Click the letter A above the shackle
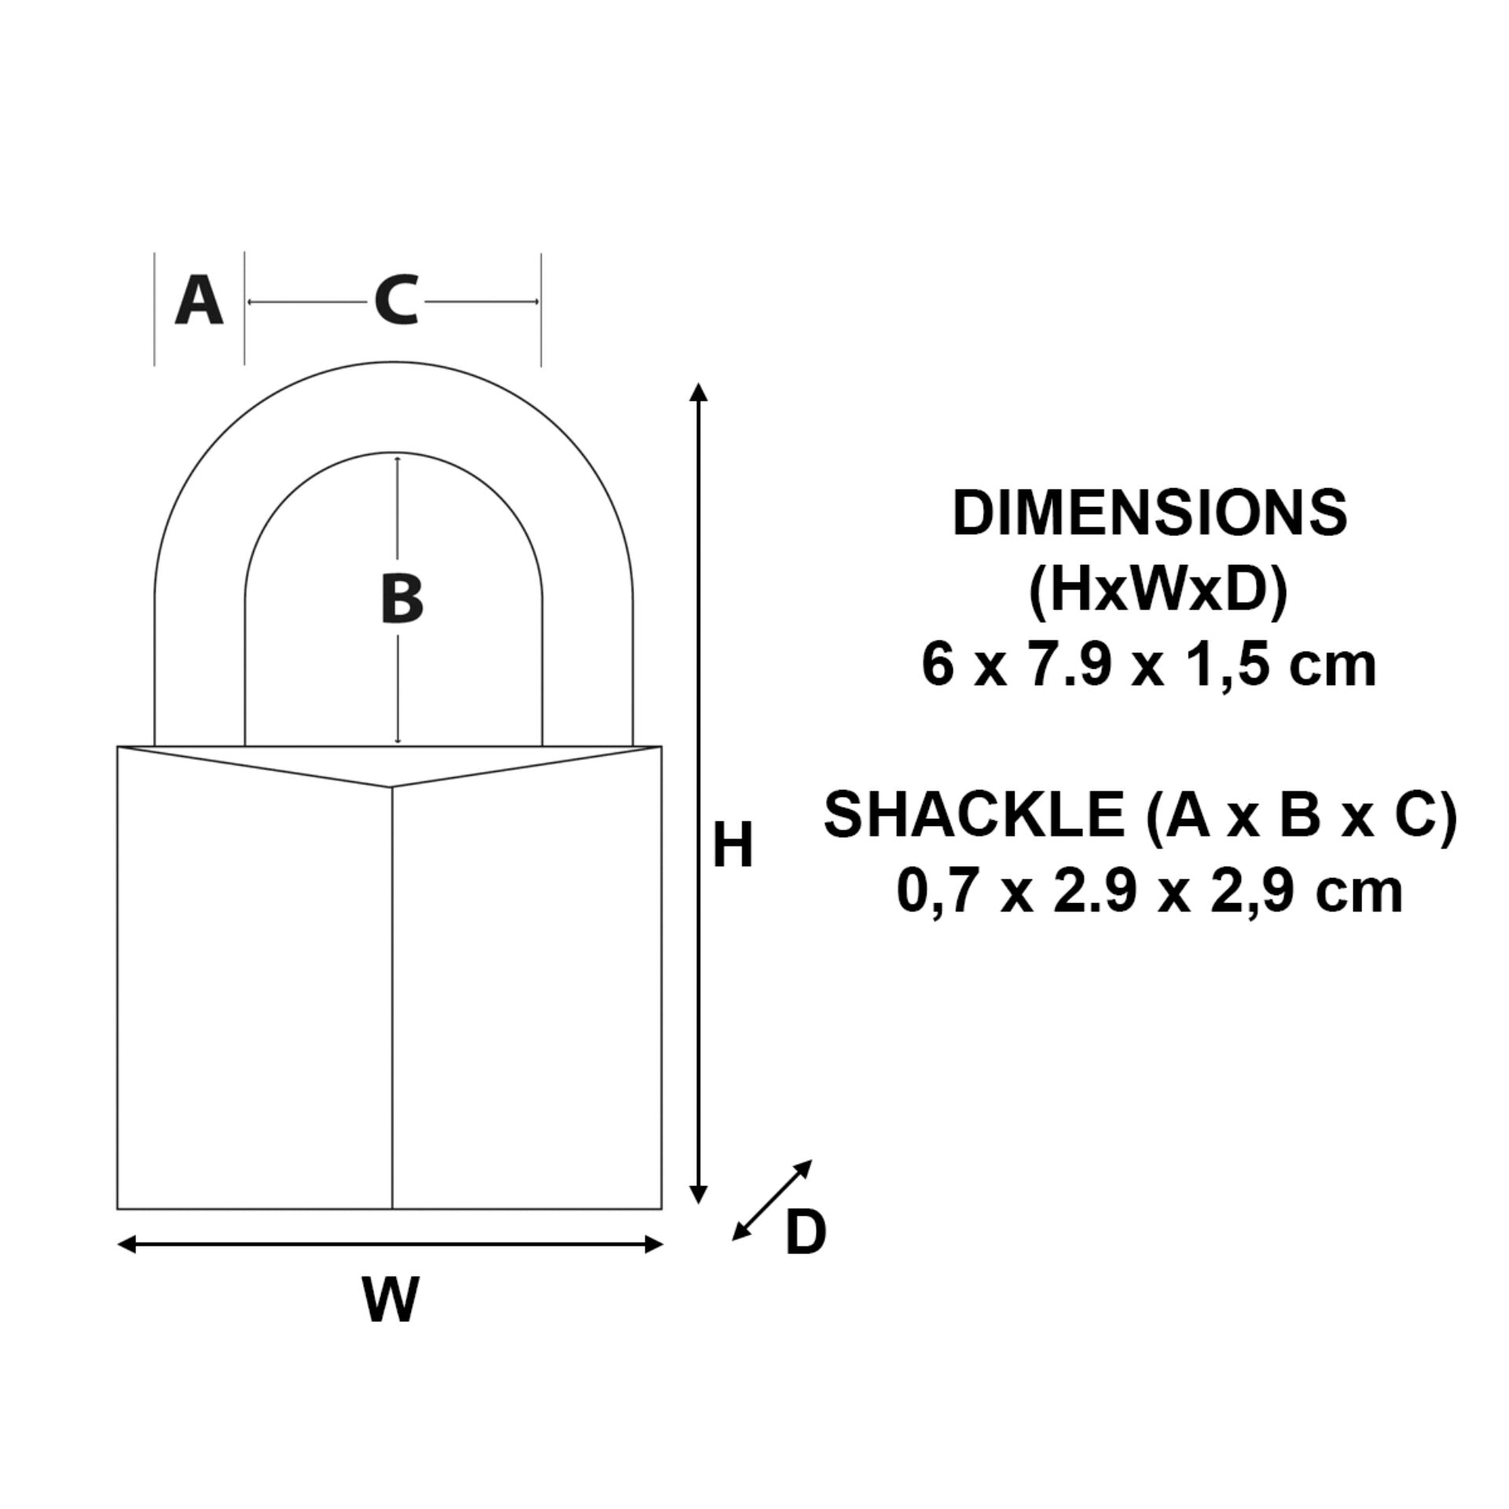coord(199,301)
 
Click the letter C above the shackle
coord(395,301)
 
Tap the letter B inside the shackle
coord(401,600)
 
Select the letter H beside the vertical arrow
coord(732,846)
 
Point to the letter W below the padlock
coord(391,1301)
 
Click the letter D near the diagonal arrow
coord(806,1232)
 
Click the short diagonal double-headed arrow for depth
coord(772,1200)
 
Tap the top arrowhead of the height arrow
coord(699,392)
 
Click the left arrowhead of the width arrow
coord(127,1244)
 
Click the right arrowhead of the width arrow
coord(653,1244)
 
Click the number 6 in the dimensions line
coord(937,665)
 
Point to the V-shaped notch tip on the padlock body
coord(391,787)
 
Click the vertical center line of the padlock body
coord(392,998)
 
